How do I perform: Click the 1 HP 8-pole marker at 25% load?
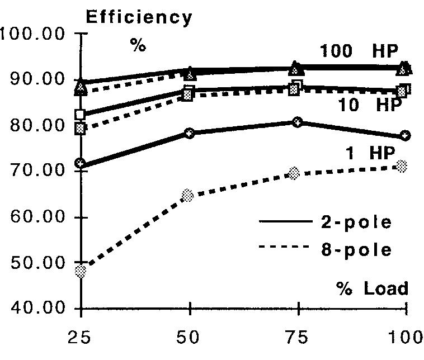tap(81, 272)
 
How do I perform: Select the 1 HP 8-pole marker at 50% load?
tap(188, 195)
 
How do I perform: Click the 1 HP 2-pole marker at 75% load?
tap(298, 122)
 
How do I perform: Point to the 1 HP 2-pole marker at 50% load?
tap(190, 133)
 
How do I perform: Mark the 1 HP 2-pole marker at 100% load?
tap(406, 135)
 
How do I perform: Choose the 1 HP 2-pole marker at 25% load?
tap(81, 163)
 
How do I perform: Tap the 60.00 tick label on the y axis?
tap(34, 217)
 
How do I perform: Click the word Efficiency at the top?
tap(139, 17)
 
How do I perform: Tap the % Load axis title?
tap(372, 288)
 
